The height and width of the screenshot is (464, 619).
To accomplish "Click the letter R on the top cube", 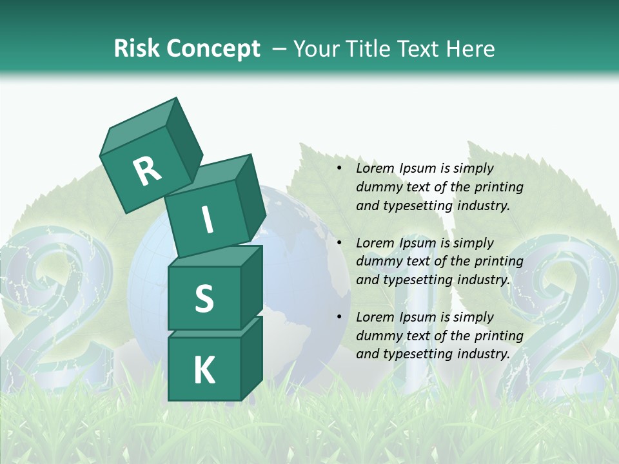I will (x=147, y=171).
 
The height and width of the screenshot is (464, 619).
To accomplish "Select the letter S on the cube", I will (x=204, y=298).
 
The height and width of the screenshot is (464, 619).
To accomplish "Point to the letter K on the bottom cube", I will (x=204, y=371).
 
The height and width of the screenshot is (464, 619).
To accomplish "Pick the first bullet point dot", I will (x=339, y=168).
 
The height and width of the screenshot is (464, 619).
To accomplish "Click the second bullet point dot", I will (x=339, y=243).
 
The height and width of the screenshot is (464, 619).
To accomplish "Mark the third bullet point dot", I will (x=339, y=317).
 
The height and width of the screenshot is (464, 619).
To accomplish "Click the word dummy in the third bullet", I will (x=377, y=336).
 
